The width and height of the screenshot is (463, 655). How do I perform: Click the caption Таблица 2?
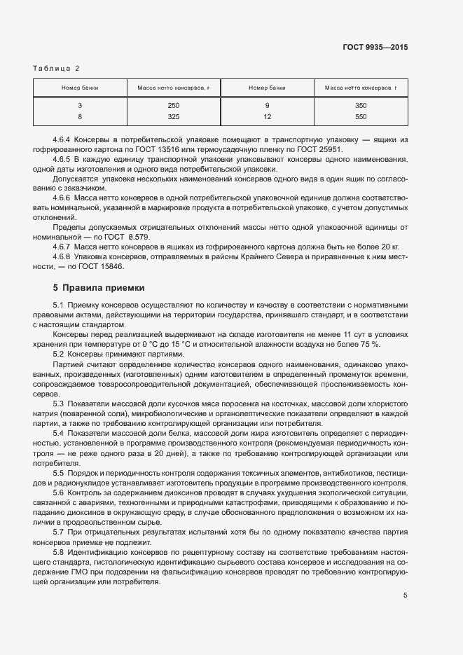[57, 68]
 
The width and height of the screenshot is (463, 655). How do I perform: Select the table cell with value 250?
[174, 106]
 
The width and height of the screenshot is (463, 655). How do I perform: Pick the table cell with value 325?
[174, 116]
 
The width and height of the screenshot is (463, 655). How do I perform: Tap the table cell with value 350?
[361, 106]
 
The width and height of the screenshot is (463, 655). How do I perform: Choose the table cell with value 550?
[361, 116]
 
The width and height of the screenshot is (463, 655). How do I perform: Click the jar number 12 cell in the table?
[267, 116]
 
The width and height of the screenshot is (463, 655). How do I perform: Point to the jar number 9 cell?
[267, 106]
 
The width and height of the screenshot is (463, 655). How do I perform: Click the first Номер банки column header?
[80, 88]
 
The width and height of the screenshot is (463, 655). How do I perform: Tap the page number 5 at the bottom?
[405, 595]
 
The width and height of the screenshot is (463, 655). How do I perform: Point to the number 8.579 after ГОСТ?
[141, 237]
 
